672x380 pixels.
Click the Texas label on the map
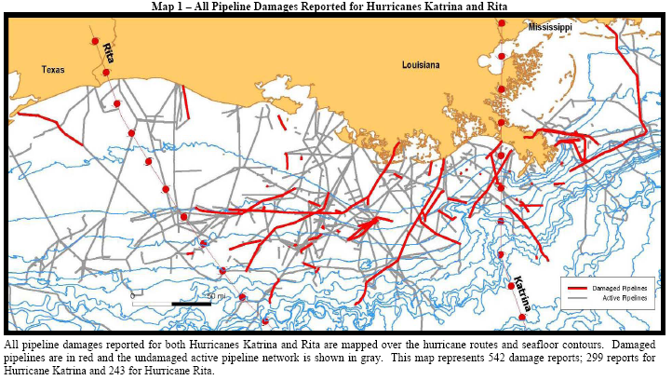53,69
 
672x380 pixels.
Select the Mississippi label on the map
550,29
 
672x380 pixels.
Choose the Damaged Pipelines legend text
619,289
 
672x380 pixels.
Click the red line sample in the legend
577,289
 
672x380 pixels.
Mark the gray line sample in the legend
577,298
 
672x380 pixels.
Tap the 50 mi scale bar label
215,295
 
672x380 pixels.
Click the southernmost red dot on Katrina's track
522,318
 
